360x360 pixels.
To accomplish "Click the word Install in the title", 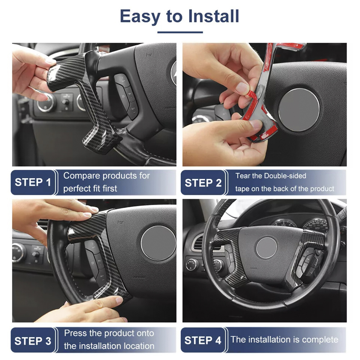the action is [213, 16].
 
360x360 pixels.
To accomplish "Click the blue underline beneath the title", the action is [180, 32].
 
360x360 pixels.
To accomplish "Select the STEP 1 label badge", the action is [33, 183].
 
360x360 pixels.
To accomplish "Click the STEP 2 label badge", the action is [203, 183].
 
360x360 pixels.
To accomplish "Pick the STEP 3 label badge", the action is [33, 340].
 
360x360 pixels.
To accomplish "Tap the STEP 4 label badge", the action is [203, 340].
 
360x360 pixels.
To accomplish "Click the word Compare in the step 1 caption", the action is [82, 176].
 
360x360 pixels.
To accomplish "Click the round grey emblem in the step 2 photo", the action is [299, 110].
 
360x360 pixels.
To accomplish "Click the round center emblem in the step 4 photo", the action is [266, 248].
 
